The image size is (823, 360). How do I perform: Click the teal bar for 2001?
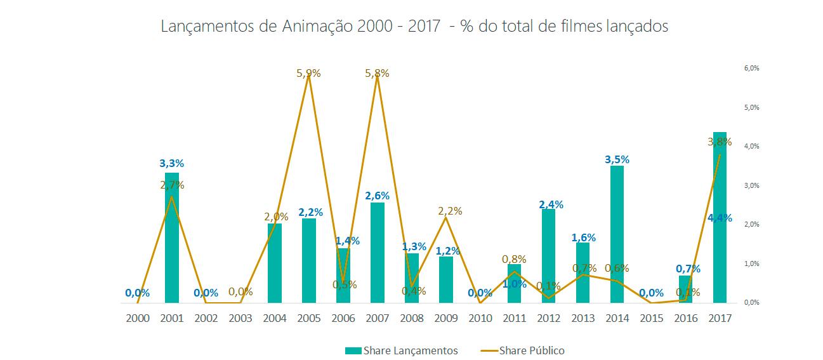click(x=172, y=238)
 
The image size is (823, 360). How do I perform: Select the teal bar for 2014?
click(x=617, y=234)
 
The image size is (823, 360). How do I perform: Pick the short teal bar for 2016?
click(x=685, y=290)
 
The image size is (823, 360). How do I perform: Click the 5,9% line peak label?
click(x=308, y=73)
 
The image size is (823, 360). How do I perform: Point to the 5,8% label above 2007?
click(x=377, y=73)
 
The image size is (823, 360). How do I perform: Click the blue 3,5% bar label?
click(x=617, y=159)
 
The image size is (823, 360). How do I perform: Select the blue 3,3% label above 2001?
click(x=171, y=163)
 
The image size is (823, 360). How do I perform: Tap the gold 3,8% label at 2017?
click(x=720, y=142)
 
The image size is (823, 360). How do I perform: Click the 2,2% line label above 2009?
click(x=450, y=211)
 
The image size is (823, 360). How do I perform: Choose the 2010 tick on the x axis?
click(x=480, y=317)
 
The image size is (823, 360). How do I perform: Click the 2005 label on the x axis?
click(x=308, y=317)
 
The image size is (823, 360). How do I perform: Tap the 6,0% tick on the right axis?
click(x=751, y=68)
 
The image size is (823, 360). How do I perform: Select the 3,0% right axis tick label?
click(x=751, y=185)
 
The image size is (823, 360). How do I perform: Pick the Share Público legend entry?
click(x=532, y=350)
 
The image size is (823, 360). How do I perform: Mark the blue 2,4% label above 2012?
click(x=551, y=204)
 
